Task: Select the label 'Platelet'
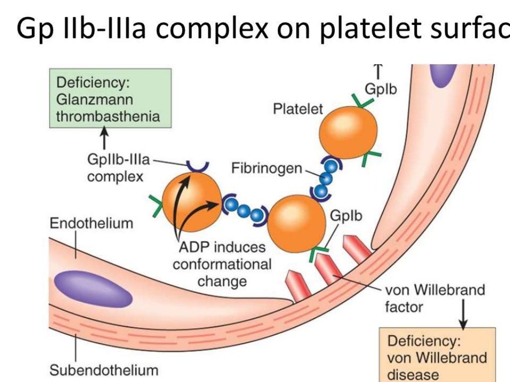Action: tap(298, 109)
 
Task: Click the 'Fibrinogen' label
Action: tap(266, 169)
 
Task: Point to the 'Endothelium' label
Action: tap(91, 223)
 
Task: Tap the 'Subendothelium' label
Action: tap(104, 370)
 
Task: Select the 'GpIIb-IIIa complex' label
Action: tap(118, 168)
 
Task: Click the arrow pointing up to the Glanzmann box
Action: tap(104, 139)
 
